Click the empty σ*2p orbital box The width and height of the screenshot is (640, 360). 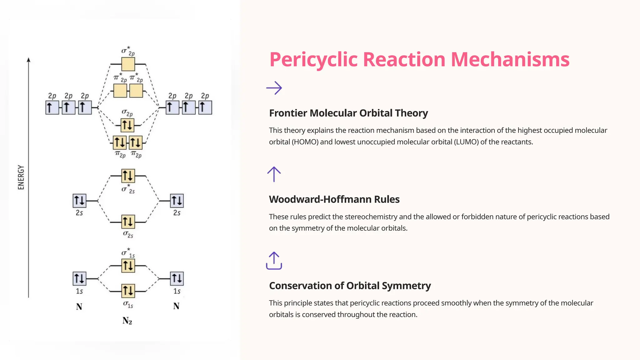coord(128,64)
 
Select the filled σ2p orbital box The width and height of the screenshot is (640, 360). coord(127,125)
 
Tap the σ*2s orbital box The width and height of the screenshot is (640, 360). coord(128,176)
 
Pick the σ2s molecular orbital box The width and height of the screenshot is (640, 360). coord(128,222)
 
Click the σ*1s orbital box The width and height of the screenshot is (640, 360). coord(128,266)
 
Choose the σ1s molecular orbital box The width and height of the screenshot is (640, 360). coord(128,291)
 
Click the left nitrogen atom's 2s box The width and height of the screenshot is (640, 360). coord(79,201)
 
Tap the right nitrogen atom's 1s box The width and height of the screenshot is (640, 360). coord(177,279)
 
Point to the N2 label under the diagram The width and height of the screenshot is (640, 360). coord(127,321)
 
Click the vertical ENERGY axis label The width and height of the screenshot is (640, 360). coord(21,177)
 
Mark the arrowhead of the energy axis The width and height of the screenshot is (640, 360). coord(28,60)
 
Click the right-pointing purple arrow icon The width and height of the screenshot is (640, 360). coord(274,88)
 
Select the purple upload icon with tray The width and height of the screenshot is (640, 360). coord(274,261)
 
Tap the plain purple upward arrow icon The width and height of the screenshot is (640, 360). coord(274,174)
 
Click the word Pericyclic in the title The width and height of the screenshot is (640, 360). coord(313,59)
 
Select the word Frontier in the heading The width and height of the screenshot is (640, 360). coord(288,113)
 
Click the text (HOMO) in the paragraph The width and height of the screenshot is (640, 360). coord(305,142)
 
